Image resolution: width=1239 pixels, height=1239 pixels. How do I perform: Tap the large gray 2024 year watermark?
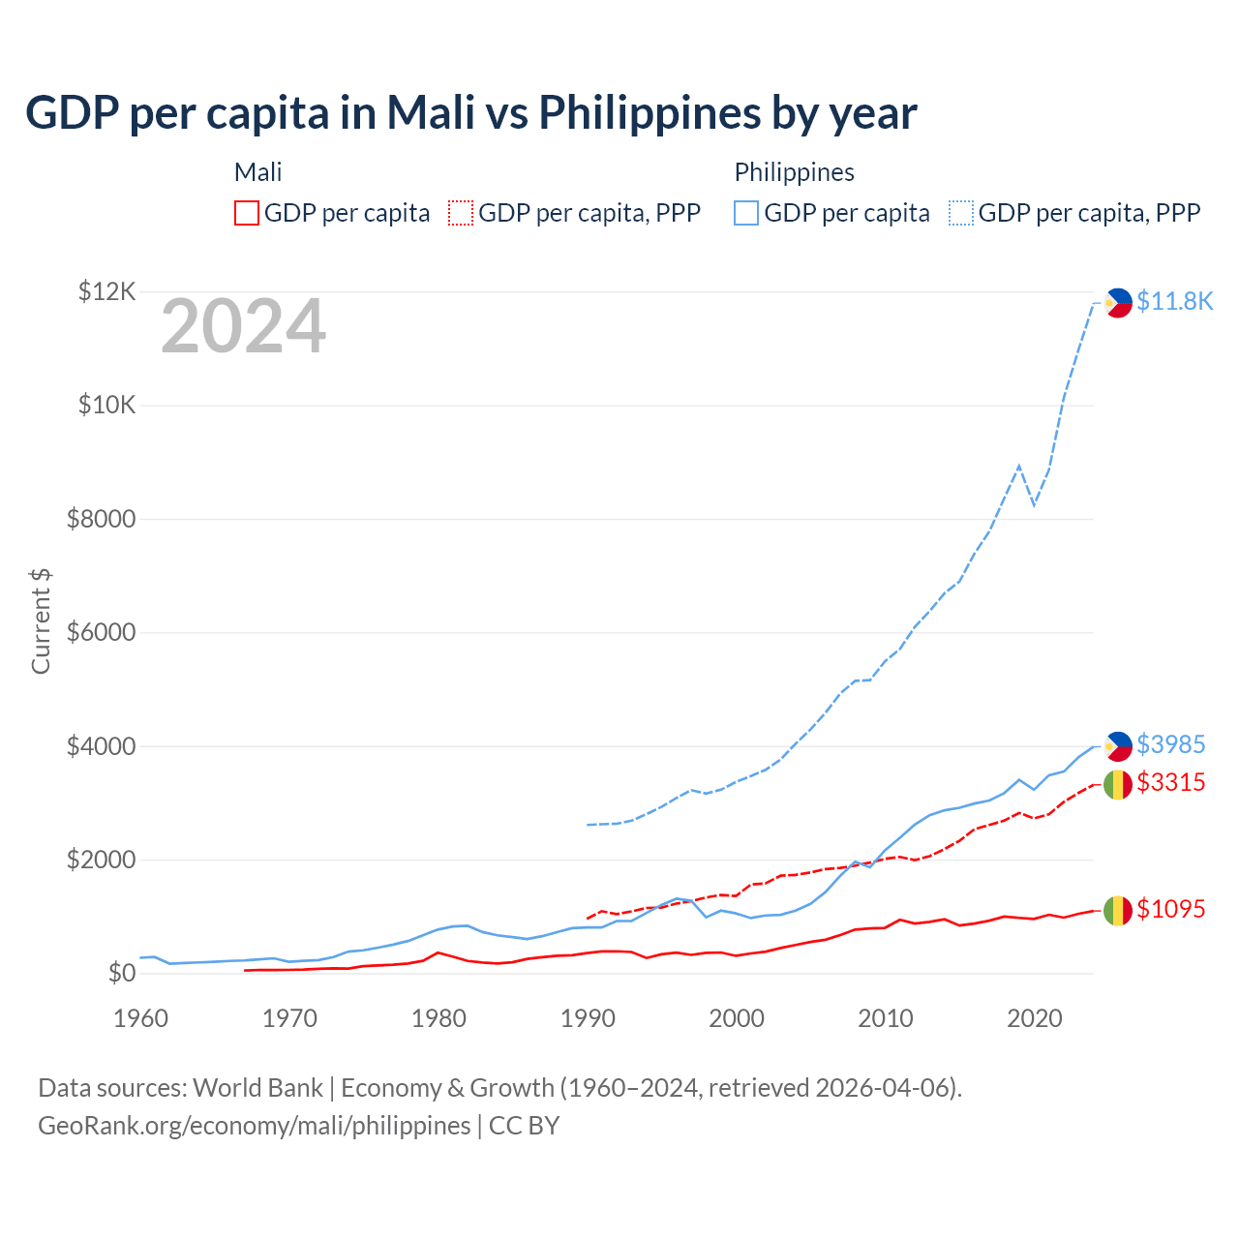coord(243,326)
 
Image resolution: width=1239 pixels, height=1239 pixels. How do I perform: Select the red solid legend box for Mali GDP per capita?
coord(247,213)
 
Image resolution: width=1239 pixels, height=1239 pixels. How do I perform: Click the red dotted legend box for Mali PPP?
coord(462,213)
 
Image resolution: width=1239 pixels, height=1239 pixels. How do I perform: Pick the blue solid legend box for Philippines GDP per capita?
coord(746,213)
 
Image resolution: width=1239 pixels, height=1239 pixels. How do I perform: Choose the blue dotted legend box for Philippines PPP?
coord(961,213)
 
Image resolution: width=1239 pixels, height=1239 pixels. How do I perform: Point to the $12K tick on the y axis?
coord(107,291)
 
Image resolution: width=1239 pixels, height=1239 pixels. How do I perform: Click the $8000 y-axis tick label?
coord(102,519)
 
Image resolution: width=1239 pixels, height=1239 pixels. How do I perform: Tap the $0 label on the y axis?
coord(121,973)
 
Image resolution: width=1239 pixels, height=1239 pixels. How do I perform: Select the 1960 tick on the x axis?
coord(141,1018)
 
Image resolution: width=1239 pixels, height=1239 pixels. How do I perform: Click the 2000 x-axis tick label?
coord(737,1018)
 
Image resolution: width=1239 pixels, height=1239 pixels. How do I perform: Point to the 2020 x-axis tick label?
coord(1035,1018)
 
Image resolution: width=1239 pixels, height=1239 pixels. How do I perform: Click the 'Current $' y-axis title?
coord(41,620)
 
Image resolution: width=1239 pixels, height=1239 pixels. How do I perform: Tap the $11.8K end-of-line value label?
coord(1174,301)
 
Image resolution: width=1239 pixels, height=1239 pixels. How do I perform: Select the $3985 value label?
coord(1170,744)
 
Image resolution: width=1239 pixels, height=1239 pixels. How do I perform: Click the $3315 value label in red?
coord(1170,782)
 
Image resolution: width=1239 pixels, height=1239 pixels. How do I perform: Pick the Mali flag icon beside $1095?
coord(1117,910)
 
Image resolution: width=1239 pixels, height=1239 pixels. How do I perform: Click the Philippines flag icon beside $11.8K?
coord(1118,303)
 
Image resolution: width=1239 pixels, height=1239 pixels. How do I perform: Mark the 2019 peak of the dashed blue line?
coord(1019,466)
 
